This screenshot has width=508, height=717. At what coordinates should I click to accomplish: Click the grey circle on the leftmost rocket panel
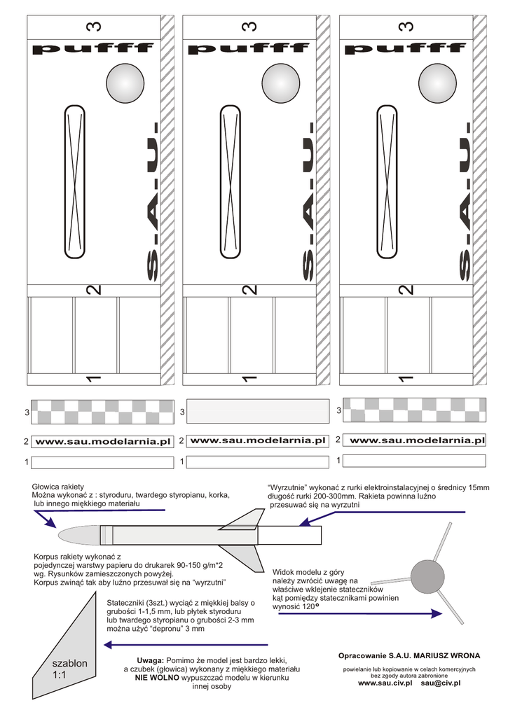pos(126,83)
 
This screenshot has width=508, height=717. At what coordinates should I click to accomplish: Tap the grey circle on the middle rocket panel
pos(282,83)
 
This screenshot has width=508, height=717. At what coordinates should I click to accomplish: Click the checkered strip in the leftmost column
pos(104,412)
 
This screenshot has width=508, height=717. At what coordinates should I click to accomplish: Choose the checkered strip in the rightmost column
pos(414,410)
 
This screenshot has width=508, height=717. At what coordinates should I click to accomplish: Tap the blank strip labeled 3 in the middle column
pos(259,412)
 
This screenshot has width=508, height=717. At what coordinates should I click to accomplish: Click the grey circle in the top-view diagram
pos(427,576)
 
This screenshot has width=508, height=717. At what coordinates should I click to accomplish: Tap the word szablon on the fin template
pos(69,662)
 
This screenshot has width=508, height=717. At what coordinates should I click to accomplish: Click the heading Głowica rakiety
pos(58,486)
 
